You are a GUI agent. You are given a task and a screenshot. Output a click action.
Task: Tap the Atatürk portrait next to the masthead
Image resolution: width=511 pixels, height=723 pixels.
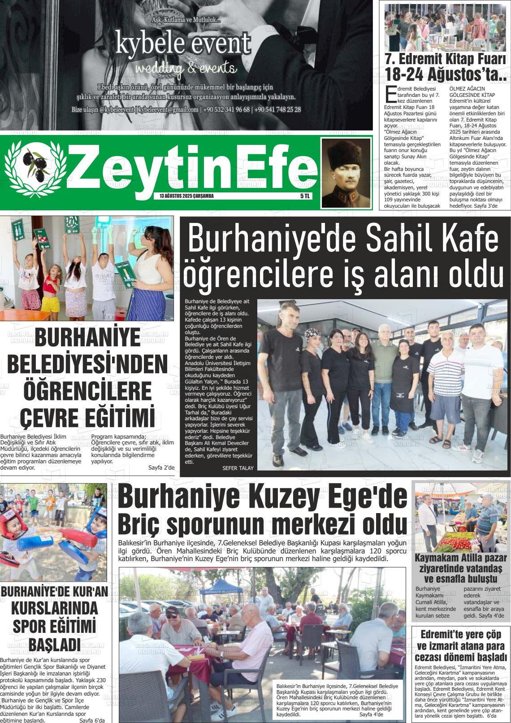pos(346,173)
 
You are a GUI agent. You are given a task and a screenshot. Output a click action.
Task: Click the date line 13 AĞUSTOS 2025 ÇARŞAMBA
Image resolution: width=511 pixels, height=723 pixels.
pos(186,196)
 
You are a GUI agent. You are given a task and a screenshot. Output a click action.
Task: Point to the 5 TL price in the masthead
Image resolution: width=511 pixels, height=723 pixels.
pos(305,196)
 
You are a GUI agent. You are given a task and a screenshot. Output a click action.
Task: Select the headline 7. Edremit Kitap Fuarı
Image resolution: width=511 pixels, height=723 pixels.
pos(446,59)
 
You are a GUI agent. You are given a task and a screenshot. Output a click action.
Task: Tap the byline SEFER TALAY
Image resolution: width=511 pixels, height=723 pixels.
pos(238,468)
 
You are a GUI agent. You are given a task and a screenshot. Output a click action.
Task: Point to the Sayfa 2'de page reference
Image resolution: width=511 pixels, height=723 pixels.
pos(161,468)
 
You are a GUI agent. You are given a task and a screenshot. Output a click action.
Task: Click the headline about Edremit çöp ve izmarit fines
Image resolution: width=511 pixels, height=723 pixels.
pos(461,646)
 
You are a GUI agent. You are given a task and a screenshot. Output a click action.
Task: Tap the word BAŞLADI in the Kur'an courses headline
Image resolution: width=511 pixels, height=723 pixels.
pos(55,644)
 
